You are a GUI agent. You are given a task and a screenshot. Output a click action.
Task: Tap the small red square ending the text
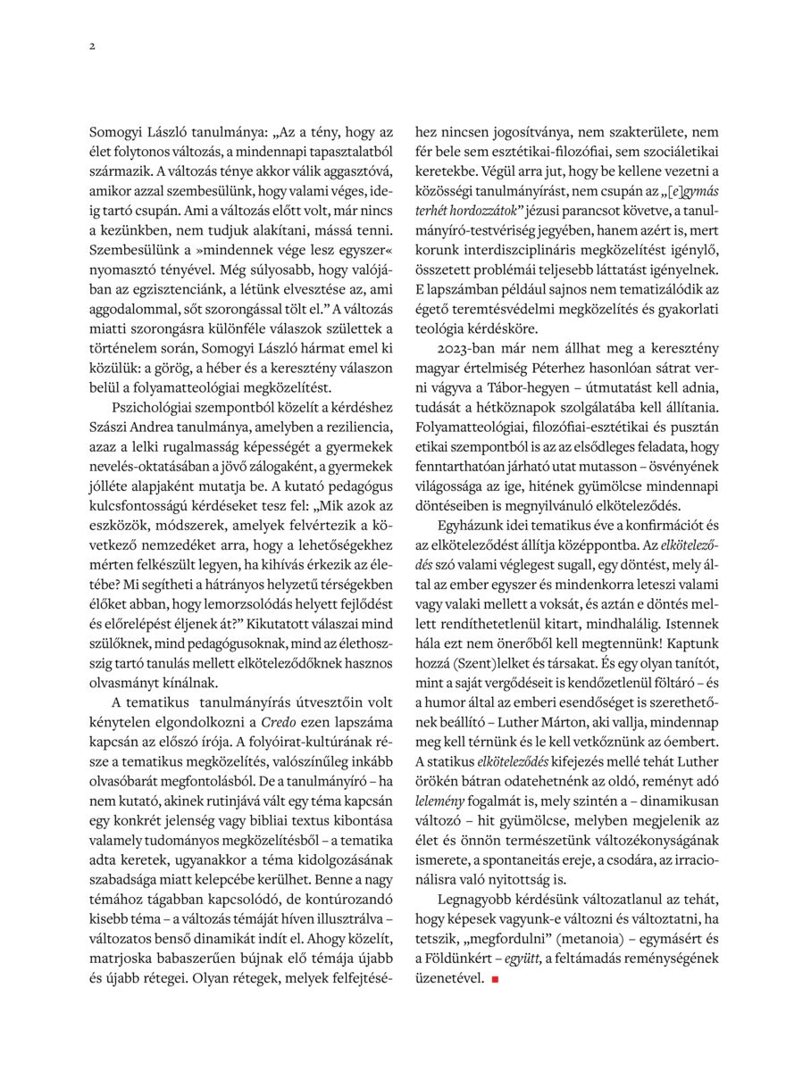coord(492,979)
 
